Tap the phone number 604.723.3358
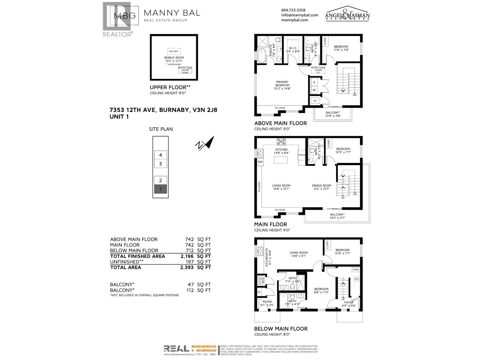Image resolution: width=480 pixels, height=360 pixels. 293,10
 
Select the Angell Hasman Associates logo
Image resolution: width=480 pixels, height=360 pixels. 347,14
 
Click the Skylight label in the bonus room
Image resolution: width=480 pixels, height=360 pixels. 174,51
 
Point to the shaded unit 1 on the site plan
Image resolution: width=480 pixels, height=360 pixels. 160,189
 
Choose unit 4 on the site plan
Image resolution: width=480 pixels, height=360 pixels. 160,155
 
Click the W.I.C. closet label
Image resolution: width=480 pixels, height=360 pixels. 293,48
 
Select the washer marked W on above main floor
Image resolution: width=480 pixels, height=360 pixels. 314,90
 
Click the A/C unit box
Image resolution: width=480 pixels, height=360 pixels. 315,101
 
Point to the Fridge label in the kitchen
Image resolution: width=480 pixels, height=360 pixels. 301,155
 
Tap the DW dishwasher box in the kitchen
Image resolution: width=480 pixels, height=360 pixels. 260,162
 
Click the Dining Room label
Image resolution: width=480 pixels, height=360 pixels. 322,186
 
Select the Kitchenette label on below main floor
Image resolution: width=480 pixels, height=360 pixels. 266,257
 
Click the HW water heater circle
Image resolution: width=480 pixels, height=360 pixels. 356,279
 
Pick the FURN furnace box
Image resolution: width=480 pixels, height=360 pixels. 355,270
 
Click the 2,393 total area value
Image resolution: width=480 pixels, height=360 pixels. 187,267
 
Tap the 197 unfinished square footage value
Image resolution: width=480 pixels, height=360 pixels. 190,262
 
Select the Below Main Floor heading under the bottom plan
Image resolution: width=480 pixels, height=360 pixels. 281,329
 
